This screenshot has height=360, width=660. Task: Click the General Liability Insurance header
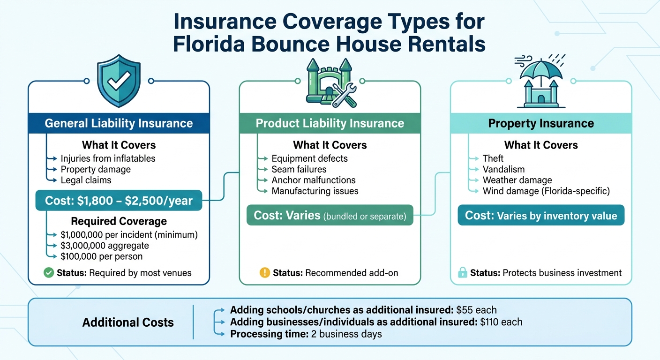119,123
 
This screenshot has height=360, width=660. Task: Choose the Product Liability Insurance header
330,123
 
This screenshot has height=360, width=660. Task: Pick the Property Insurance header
541,123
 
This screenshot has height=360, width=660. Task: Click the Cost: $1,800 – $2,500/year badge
119,201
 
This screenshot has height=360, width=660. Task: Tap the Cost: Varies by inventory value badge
541,216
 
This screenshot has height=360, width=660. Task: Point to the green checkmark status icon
48,273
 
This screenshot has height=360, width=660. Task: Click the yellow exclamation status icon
265,273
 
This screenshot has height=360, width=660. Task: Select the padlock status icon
462,273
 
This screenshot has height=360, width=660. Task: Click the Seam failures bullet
299,169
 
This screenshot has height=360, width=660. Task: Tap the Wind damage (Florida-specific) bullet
546,191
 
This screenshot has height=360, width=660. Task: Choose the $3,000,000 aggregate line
105,246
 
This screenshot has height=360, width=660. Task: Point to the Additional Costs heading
128,322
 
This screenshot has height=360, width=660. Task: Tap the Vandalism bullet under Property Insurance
503,169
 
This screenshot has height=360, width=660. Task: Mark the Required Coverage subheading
119,221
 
